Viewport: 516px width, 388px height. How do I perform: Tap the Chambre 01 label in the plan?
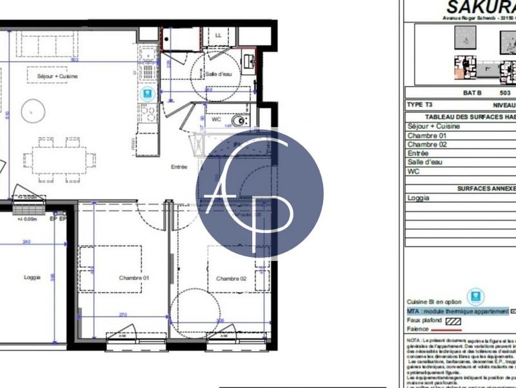coord(134,278)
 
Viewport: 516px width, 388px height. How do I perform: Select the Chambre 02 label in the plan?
coord(232,279)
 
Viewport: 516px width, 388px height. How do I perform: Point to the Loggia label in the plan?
coord(33,277)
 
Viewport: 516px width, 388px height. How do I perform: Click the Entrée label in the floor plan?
coord(179,167)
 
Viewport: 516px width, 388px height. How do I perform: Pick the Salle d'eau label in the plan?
coord(219,74)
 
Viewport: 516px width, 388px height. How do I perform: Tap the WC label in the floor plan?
coord(217,119)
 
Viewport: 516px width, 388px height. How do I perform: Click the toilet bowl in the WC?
coord(240,120)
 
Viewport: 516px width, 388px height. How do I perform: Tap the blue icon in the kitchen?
coord(148,94)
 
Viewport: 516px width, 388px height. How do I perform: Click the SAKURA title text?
coord(481,8)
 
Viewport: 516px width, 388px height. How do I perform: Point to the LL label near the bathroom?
coord(219,36)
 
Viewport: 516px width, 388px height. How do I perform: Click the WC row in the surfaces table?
coord(413,172)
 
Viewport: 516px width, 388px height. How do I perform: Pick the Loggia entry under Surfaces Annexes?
coord(419,198)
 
